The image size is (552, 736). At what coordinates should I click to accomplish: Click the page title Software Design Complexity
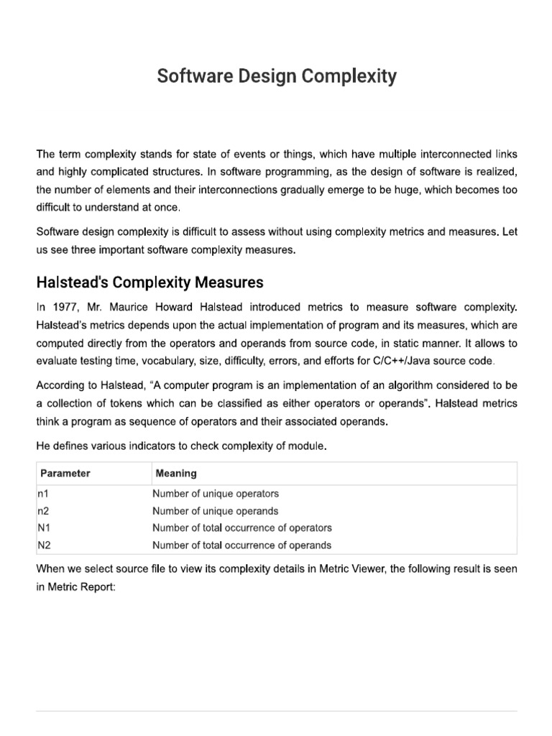[277, 77]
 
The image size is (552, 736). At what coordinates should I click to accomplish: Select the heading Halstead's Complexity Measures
[149, 281]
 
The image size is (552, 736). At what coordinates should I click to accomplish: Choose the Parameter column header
[65, 474]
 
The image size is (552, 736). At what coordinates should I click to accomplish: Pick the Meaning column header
[176, 474]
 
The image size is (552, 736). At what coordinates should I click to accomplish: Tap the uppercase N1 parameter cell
[42, 528]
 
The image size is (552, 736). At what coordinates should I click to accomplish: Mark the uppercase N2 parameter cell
[42, 545]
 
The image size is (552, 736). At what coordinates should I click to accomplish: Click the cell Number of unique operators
[215, 494]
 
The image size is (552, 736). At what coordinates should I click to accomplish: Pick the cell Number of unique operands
[215, 511]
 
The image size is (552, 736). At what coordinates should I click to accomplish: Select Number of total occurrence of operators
[241, 528]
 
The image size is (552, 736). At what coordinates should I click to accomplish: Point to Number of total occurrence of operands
[241, 545]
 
